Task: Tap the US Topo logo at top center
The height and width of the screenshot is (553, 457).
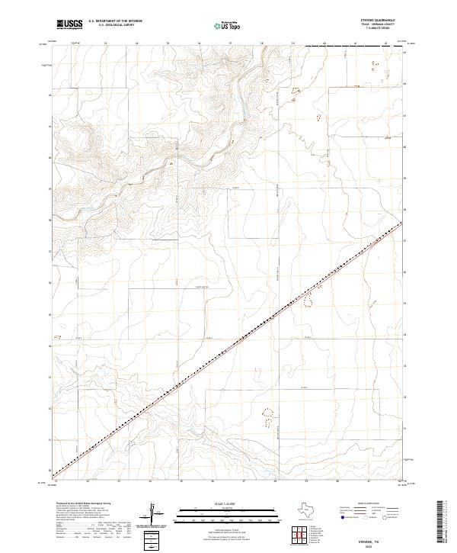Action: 228,26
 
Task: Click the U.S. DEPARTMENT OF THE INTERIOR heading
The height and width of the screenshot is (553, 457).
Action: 115,21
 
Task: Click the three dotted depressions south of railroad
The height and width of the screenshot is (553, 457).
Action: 268,416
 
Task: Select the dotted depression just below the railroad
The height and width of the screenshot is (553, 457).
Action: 308,302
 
